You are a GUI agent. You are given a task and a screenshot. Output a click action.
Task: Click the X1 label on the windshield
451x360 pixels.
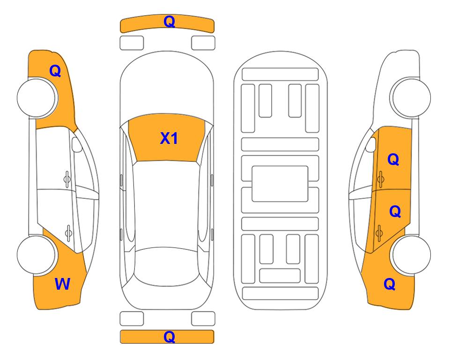coord(169,138)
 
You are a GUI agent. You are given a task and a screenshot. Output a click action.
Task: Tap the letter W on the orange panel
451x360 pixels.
coord(62,284)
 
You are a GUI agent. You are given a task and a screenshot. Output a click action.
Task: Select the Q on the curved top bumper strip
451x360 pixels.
coord(169,22)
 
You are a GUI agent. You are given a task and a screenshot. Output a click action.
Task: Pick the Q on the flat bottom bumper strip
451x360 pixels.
coord(169,337)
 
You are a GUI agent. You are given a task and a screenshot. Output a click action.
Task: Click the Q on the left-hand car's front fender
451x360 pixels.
coord(55,71)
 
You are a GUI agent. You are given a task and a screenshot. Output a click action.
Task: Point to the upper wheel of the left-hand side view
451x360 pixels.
coord(37,97)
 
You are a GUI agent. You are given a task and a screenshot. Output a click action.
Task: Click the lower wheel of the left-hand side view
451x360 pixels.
coord(37,255)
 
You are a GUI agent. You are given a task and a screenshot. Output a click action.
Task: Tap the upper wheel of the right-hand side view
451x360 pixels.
coord(410,97)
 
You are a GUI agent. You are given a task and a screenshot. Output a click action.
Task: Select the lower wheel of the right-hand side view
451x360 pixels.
coord(411,255)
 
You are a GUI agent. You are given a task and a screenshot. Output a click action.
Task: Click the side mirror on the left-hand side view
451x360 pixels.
coord(77,144)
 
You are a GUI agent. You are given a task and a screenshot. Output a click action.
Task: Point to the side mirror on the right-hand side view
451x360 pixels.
coord(371,144)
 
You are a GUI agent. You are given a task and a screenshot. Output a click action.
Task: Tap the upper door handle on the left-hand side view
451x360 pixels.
coord(67,179)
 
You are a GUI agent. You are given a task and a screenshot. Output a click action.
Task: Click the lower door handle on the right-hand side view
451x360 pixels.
coord(379,233)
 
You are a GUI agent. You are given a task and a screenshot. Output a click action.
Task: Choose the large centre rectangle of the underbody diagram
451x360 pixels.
coord(280,184)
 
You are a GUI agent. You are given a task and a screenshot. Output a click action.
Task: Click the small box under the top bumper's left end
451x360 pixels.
coord(132,43)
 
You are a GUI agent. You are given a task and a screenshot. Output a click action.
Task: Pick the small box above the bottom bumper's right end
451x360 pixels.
coord(203,319)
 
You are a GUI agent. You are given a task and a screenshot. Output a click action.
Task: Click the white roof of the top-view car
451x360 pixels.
coord(167,204)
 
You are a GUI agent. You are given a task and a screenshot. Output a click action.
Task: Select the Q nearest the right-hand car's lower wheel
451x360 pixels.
coord(390,284)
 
